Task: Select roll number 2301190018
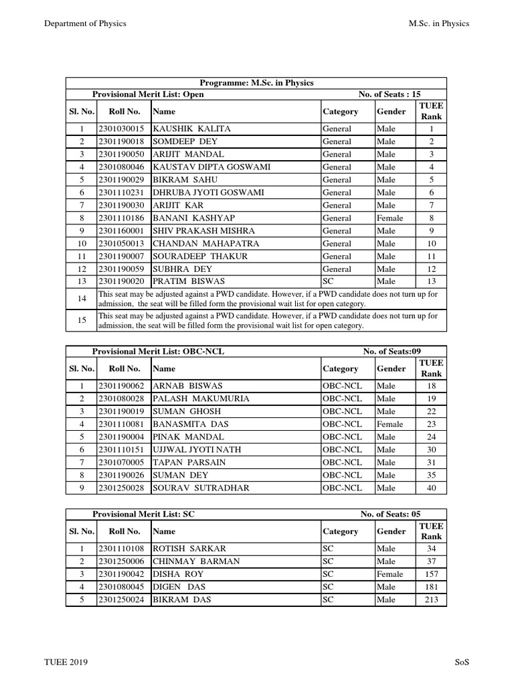coord(121,141)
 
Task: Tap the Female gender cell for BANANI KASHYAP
coord(390,218)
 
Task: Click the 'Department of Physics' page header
coord(85,23)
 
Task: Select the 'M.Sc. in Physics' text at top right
coord(438,23)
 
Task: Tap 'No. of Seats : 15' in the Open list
coord(390,94)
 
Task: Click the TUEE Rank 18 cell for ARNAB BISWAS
coord(431,386)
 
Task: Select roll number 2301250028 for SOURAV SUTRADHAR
coord(121,488)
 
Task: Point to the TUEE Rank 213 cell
coord(431,600)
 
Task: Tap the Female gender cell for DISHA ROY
coord(390,574)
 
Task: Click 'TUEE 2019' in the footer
coord(66,662)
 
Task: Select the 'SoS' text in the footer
coord(462,662)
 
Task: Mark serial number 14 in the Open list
coord(82,298)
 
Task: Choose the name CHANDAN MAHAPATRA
coord(206,243)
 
